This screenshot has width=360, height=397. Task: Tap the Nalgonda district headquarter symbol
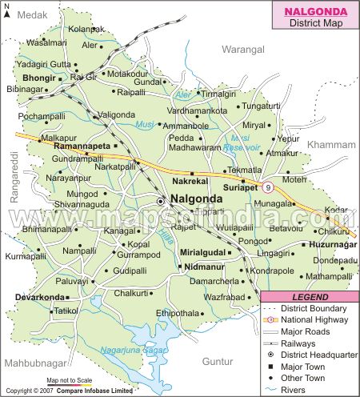[161, 201]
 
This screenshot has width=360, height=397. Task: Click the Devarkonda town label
[39, 297]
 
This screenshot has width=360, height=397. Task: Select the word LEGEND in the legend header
[310, 297]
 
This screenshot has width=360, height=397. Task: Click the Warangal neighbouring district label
[244, 50]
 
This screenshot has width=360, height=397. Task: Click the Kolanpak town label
[86, 29]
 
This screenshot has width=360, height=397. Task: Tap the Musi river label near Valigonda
[145, 126]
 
